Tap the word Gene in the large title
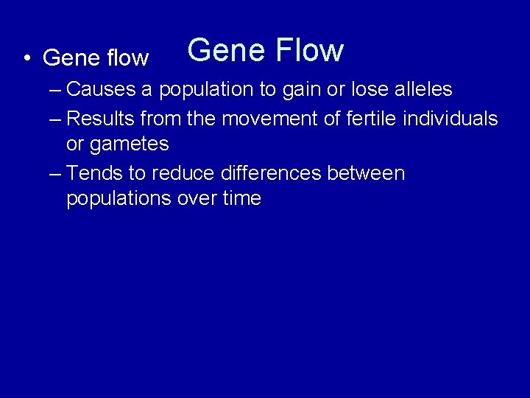click(226, 50)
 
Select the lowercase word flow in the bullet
click(128, 57)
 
